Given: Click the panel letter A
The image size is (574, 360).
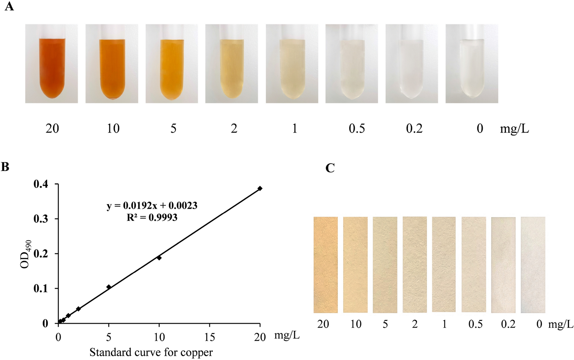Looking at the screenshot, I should [x=9, y=6].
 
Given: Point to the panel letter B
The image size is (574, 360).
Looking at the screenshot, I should [x=5, y=167].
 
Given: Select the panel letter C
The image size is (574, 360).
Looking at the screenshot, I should [x=330, y=168].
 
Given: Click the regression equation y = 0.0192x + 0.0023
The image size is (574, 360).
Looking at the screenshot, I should [x=152, y=206].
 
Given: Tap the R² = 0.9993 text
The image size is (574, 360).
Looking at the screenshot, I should [x=152, y=217].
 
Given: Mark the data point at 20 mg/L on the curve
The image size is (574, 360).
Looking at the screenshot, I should [x=260, y=188].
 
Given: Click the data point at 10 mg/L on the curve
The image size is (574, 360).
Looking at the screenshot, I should [x=159, y=258].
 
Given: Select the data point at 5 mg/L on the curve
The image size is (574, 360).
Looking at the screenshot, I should [x=109, y=287].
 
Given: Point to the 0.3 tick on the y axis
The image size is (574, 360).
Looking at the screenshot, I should [x=41, y=219].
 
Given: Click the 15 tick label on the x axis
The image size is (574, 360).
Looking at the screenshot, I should [x=209, y=337].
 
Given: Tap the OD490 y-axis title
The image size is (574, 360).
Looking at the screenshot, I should [x=26, y=254].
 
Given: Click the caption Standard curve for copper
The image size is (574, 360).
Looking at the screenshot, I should [x=151, y=352].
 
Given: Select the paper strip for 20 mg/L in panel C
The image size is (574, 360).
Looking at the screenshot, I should [x=326, y=264].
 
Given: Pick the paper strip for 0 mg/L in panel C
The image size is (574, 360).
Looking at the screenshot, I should [x=533, y=264].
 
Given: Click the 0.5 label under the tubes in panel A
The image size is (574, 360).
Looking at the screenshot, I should [x=357, y=129].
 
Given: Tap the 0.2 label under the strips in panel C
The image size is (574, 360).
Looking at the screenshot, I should [x=508, y=324].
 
